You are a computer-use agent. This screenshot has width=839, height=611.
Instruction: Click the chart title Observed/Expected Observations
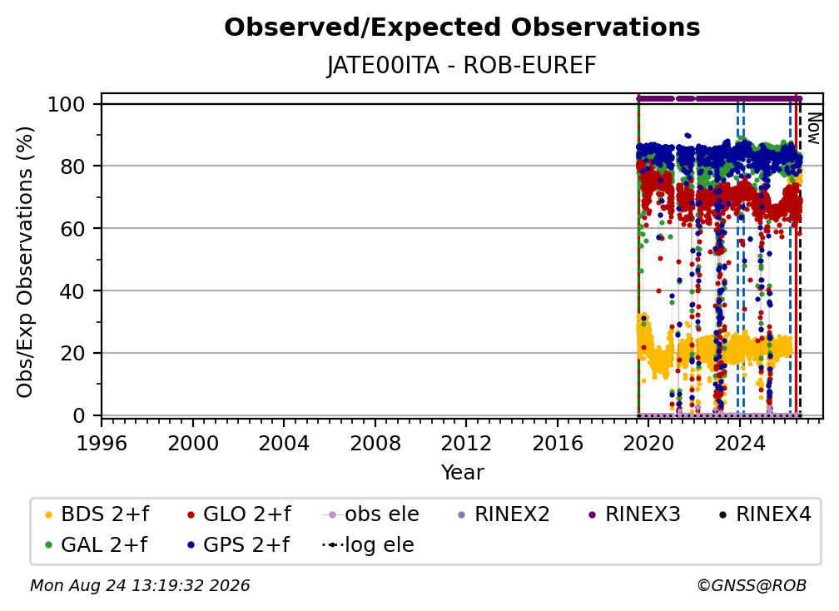462,27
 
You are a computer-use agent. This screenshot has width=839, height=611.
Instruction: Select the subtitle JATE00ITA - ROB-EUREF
462,66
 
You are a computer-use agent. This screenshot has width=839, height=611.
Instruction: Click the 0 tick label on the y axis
79,415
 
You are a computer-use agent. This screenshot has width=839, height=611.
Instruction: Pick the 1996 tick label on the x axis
102,444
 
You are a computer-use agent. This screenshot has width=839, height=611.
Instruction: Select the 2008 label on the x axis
375,444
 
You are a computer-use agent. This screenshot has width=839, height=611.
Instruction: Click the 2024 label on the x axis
739,444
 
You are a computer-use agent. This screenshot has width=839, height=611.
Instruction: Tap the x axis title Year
462,473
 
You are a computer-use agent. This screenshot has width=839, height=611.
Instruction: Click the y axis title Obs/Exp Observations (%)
25,262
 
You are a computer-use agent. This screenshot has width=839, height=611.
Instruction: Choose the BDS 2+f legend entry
97,514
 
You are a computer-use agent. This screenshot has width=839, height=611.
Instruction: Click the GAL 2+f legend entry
97,544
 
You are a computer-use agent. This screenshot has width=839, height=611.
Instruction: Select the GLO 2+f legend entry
239,514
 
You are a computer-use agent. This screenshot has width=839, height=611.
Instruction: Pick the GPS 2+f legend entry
239,544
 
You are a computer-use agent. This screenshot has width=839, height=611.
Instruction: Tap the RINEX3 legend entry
634,514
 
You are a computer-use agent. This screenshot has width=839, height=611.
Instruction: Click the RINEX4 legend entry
765,514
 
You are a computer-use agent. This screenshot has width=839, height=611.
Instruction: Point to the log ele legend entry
368,544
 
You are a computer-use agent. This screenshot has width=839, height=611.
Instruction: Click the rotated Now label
813,128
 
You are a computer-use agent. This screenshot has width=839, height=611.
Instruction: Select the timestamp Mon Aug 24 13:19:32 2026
140,586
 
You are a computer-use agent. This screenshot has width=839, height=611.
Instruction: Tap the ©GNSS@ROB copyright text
752,586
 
